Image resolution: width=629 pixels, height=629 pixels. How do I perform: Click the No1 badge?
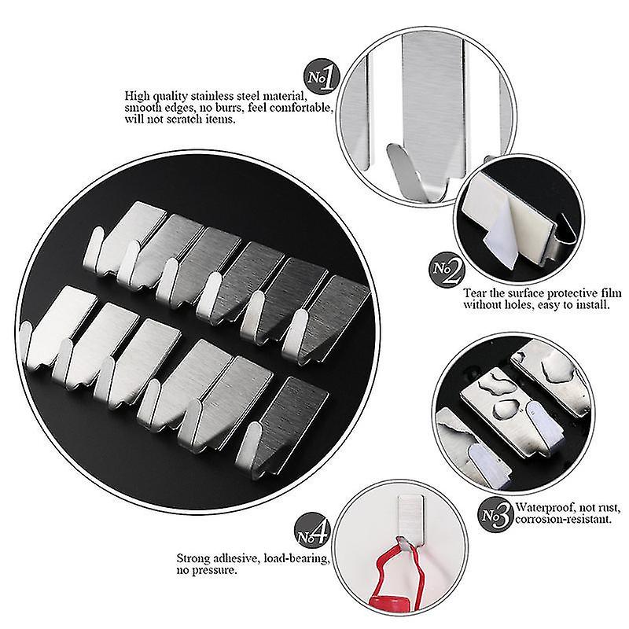pyautogui.click(x=322, y=76)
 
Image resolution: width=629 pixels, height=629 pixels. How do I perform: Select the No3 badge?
pyautogui.click(x=496, y=515)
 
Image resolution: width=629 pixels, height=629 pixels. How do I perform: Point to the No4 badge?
pyautogui.click(x=313, y=532)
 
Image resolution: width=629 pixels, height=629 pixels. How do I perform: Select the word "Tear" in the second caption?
pyautogui.click(x=475, y=293)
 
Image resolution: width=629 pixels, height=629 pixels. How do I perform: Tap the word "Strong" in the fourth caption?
pyautogui.click(x=193, y=559)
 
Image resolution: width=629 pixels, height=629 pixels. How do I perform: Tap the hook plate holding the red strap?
pyautogui.click(x=410, y=520)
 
